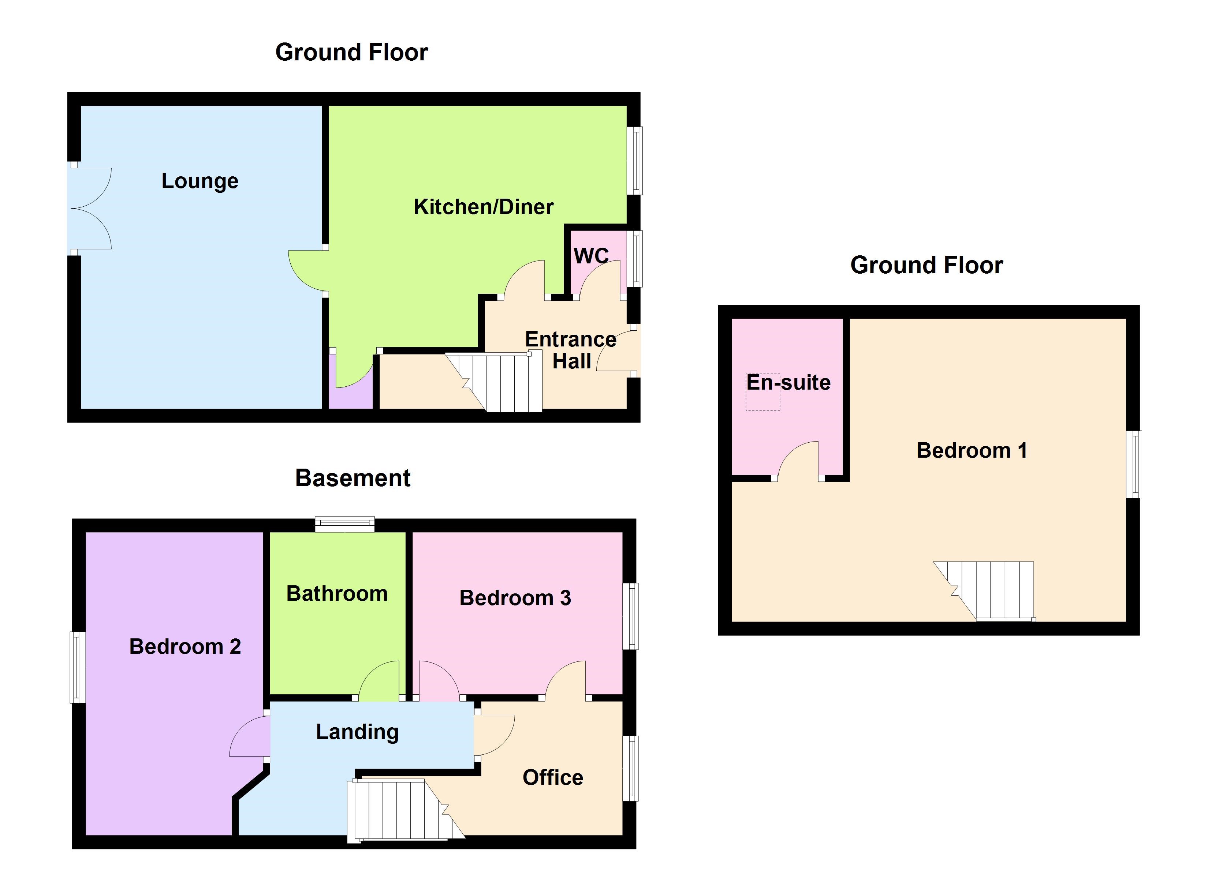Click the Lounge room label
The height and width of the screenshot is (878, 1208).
point(200,181)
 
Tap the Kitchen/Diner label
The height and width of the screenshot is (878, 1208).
point(483,207)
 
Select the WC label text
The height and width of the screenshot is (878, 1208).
point(591,256)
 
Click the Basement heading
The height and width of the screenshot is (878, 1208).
point(353,478)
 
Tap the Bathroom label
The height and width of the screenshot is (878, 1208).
point(337,594)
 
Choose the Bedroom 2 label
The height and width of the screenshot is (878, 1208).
point(185,646)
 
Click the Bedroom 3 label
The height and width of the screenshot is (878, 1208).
point(515,598)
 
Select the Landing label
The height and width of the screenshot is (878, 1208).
point(357,732)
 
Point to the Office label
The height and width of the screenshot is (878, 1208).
point(552,777)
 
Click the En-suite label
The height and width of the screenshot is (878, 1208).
point(788,382)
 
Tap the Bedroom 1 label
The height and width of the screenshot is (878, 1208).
point(972,450)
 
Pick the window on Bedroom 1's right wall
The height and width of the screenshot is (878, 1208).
point(1133,464)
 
